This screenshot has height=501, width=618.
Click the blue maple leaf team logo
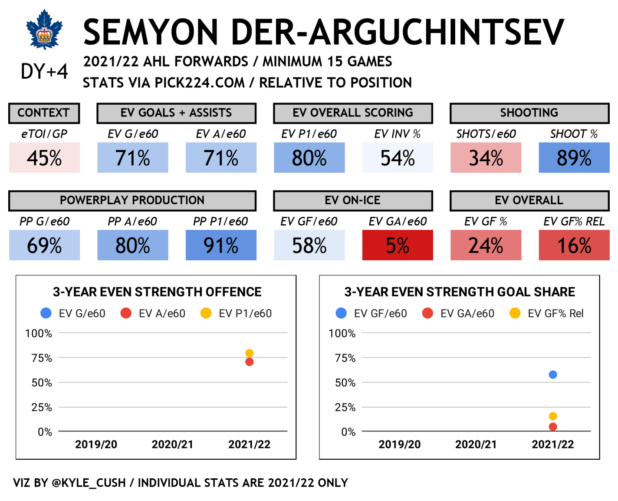(x=44, y=30)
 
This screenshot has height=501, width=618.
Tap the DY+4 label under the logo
(x=44, y=71)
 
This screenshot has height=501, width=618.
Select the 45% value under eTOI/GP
(x=44, y=158)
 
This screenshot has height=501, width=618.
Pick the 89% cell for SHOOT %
(x=574, y=158)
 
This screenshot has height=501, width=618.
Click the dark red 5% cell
(x=398, y=246)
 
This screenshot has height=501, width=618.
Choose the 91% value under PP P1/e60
(x=221, y=246)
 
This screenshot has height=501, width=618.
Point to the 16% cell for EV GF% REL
(x=574, y=246)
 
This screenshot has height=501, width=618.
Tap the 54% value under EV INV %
(x=398, y=158)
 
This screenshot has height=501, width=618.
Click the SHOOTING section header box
(x=529, y=113)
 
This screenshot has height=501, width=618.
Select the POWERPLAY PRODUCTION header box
(x=132, y=200)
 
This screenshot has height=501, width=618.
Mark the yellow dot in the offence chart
(x=249, y=353)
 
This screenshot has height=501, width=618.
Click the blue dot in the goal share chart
(x=552, y=375)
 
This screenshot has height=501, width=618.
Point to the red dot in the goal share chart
(x=552, y=427)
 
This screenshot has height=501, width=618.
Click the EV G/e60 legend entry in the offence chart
(x=74, y=313)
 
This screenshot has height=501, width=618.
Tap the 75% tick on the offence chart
(x=42, y=358)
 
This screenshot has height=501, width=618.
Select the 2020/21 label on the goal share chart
(x=476, y=445)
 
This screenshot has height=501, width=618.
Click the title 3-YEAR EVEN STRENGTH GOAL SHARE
(x=460, y=292)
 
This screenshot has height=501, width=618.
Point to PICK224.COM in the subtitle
(x=200, y=83)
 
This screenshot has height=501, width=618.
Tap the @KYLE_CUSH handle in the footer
(x=89, y=483)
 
